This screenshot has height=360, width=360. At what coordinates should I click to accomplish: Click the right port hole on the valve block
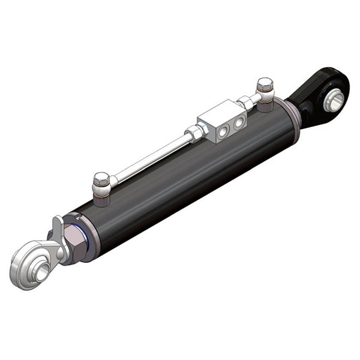(x=239, y=122)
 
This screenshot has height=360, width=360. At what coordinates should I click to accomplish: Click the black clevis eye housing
(x=312, y=102)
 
